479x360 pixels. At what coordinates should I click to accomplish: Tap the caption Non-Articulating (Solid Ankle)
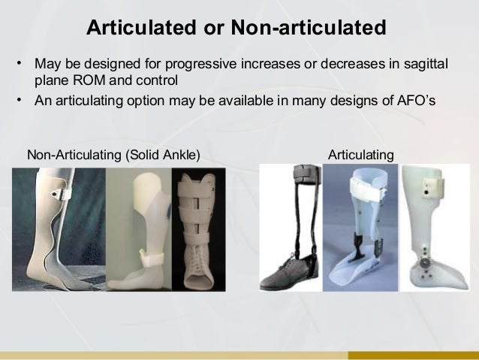113,155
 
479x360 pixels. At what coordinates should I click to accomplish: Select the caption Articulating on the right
361,155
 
